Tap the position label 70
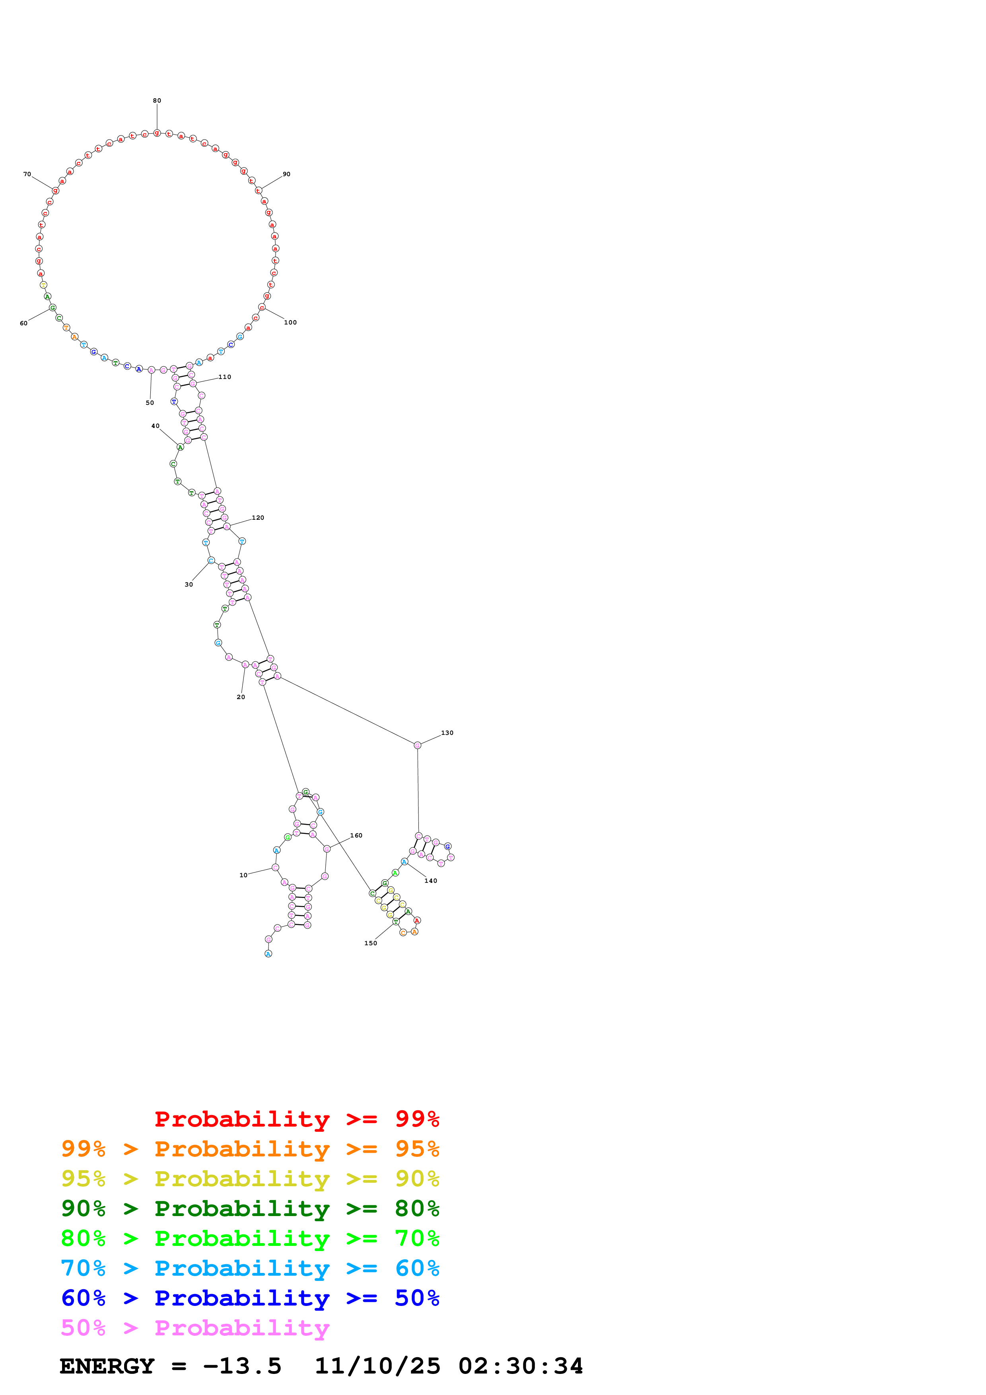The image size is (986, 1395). click(x=27, y=174)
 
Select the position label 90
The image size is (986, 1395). click(x=286, y=174)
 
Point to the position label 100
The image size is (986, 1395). click(x=290, y=323)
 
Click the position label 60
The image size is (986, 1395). click(x=24, y=323)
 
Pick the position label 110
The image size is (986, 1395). click(x=225, y=377)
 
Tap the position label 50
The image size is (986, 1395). click(x=150, y=403)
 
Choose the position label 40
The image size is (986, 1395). click(x=156, y=426)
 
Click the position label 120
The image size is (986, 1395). click(x=258, y=518)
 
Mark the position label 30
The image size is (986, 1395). click(x=189, y=585)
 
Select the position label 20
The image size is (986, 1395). click(x=241, y=697)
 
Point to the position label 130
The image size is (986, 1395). click(x=447, y=733)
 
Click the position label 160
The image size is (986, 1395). click(x=356, y=835)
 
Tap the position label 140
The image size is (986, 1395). click(x=431, y=880)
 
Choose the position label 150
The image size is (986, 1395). click(x=371, y=943)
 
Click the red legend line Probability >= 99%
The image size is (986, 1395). click(x=296, y=1119)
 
